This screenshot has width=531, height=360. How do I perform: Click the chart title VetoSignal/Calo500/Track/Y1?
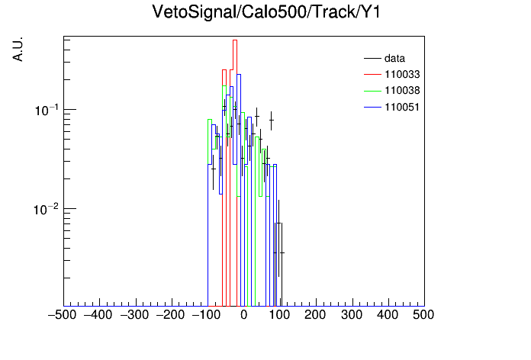(x=266, y=12)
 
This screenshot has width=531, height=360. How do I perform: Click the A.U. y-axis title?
(x=18, y=49)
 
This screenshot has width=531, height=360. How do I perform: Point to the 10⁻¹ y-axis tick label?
(x=47, y=110)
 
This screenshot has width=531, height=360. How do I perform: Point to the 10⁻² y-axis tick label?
(x=47, y=209)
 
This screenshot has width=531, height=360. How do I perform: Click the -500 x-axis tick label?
(x=62, y=315)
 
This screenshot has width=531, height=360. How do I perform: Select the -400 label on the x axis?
(x=98, y=315)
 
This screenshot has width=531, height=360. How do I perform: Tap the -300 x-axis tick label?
(x=134, y=315)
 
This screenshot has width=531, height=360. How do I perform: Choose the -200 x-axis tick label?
(x=170, y=315)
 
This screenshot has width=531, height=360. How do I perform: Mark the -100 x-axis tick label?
(x=206, y=315)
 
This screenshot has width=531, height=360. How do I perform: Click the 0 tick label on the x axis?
(x=244, y=315)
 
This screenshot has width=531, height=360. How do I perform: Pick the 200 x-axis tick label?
(x=315, y=315)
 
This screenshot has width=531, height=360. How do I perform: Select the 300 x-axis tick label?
(x=352, y=315)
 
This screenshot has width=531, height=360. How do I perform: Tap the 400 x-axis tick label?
(x=388, y=315)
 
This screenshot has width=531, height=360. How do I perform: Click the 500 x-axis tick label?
(x=423, y=315)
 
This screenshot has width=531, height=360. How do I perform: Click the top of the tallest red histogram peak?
(x=235, y=40)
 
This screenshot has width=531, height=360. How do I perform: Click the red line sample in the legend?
(x=372, y=75)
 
